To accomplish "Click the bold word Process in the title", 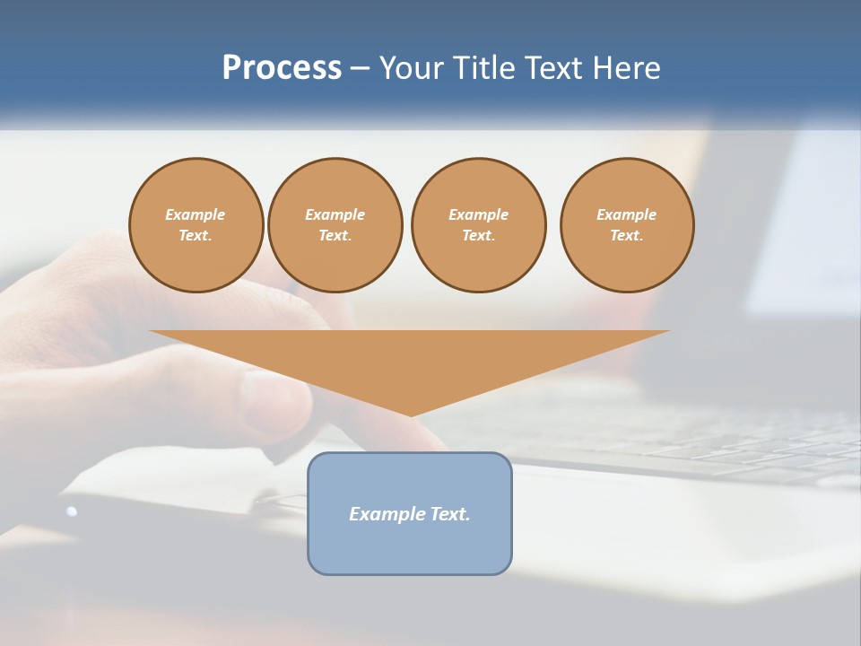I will point(282,67).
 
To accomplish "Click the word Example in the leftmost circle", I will point(196,214).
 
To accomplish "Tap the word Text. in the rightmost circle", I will point(627,235).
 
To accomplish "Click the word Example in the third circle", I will point(478,214).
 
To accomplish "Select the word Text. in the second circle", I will point(335,235).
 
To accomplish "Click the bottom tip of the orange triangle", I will point(411,414).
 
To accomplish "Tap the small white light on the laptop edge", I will point(72,511).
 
